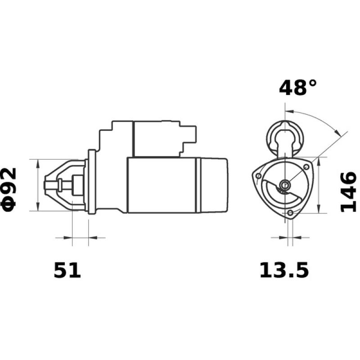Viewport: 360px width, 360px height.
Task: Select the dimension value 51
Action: pos(67,270)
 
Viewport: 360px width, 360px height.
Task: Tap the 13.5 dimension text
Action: pos(284,270)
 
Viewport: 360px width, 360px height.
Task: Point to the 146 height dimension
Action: pos(347,192)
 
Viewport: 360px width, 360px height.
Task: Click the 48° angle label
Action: pos(298,87)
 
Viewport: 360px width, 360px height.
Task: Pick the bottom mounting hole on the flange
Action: pos(290,212)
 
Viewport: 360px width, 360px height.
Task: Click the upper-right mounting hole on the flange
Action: pos(307,167)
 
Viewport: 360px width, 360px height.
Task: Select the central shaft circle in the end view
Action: pos(285,184)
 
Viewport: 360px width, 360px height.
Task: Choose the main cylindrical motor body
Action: pos(162,184)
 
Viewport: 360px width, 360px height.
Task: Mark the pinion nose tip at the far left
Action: pos(46,185)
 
